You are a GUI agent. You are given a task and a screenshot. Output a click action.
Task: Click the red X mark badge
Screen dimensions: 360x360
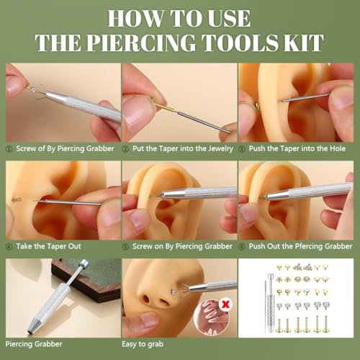click(225, 305)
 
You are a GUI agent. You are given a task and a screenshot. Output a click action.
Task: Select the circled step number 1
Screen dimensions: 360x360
click(9, 149)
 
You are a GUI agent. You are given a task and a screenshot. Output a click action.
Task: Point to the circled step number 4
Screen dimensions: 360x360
click(9, 247)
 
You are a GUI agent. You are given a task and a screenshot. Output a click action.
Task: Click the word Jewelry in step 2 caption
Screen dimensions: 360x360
click(220, 149)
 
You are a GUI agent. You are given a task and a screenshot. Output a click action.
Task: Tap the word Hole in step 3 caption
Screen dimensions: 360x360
click(338, 148)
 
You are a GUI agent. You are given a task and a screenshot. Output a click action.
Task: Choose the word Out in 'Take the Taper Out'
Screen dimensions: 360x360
click(74, 246)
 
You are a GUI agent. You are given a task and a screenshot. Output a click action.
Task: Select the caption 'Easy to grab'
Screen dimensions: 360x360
click(143, 344)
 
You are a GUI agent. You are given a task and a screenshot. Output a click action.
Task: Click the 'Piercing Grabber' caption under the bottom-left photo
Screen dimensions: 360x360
click(34, 344)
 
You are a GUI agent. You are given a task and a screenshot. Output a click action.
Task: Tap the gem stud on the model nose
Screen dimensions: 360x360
click(174, 292)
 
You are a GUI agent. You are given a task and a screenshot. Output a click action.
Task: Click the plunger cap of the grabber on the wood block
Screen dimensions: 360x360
click(84, 264)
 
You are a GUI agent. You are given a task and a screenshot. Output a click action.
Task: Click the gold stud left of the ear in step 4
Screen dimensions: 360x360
click(17, 199)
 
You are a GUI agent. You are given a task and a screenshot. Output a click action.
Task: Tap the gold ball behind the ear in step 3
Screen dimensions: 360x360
click(257, 106)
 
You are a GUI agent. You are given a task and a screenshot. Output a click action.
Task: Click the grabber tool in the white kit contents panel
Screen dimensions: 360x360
click(271, 303)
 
